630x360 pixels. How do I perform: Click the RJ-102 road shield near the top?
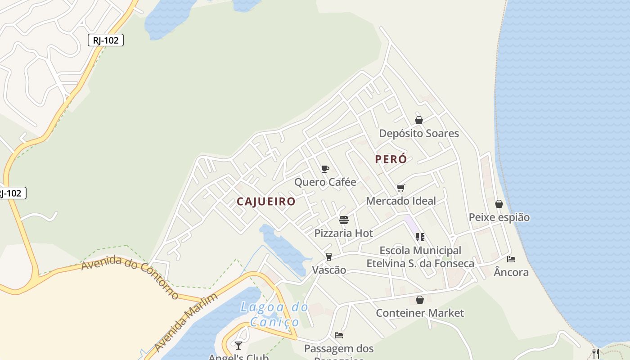106,40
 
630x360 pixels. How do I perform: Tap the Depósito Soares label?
419,133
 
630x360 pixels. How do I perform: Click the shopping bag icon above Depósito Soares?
419,120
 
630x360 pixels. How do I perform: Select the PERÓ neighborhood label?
391,159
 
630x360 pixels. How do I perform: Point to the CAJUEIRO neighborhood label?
266,202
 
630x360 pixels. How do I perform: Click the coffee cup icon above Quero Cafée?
325,169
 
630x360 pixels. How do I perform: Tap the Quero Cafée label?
325,182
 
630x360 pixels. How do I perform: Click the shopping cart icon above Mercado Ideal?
400,188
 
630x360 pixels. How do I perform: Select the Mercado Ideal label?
401,201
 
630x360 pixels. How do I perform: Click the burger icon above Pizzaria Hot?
344,220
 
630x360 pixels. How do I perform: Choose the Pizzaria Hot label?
344,233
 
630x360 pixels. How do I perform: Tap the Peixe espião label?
499,217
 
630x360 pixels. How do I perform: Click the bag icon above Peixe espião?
499,204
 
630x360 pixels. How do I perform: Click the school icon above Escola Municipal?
420,237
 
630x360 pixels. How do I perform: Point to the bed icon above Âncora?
511,259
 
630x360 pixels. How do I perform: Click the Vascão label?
329,270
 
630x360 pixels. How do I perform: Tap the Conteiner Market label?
420,313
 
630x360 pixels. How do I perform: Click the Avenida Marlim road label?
185,323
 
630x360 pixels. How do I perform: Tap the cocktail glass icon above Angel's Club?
238,345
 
